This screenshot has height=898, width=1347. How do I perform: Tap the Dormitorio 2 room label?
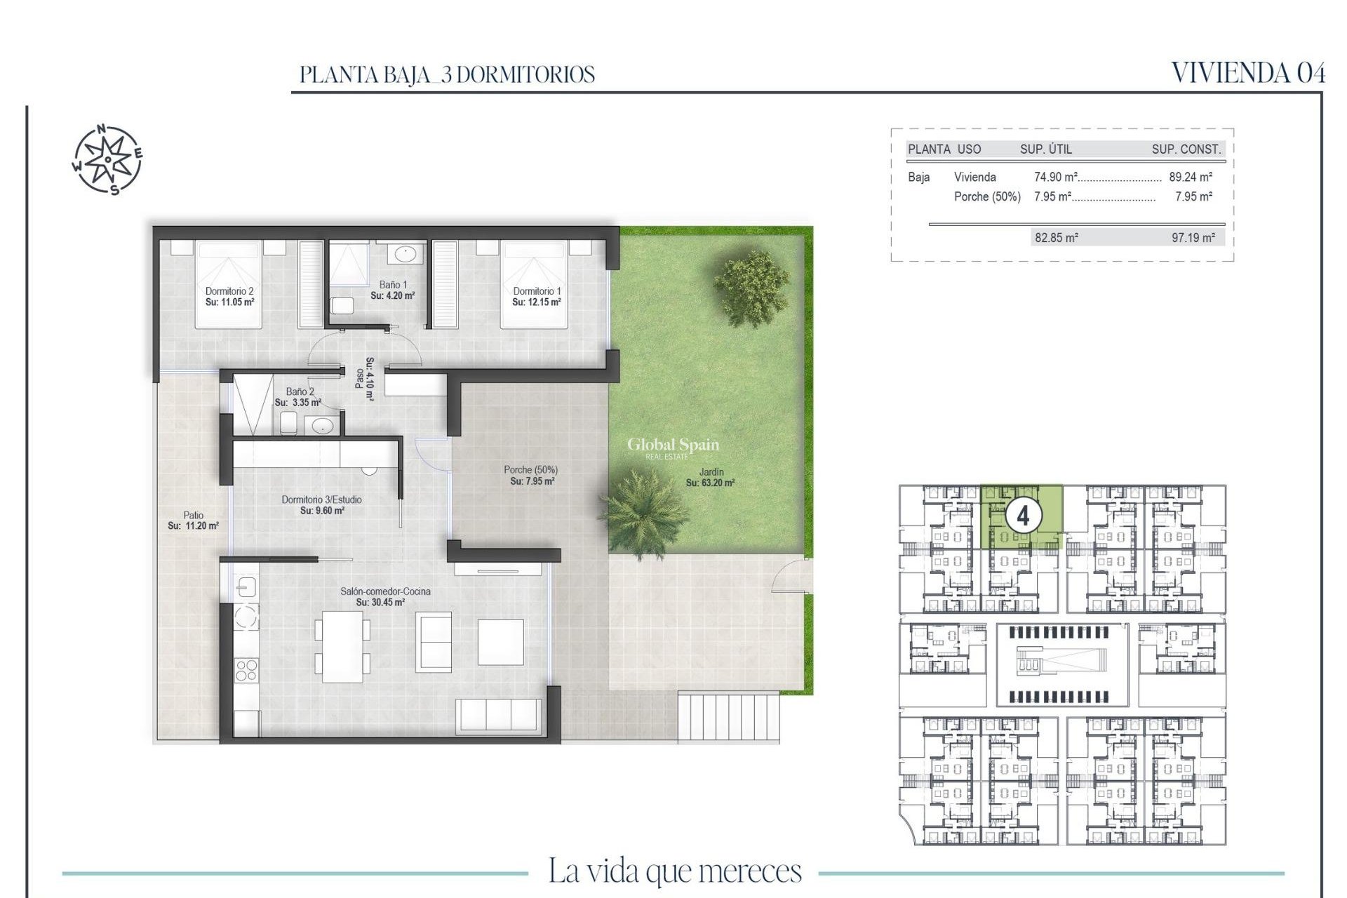(229, 291)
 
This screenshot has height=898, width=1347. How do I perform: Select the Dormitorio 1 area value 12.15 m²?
(537, 302)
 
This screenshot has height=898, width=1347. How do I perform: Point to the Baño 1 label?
(393, 285)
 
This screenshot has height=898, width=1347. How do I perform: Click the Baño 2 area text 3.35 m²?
(297, 403)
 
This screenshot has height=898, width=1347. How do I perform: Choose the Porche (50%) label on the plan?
(530, 470)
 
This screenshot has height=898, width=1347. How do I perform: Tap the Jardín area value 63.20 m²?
(710, 483)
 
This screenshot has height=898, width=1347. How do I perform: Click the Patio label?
(193, 515)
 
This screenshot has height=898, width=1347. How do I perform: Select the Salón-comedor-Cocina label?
(385, 591)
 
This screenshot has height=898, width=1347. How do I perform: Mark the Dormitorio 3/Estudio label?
(321, 500)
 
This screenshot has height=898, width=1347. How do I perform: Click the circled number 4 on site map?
(1023, 516)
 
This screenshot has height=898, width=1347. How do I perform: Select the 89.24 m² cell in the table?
(1191, 177)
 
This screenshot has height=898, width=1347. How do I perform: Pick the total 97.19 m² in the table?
(1193, 238)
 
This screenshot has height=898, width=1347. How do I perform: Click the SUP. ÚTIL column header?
(1045, 149)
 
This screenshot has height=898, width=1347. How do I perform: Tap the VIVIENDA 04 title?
(1248, 73)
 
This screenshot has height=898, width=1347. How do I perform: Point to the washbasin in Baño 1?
(404, 253)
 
